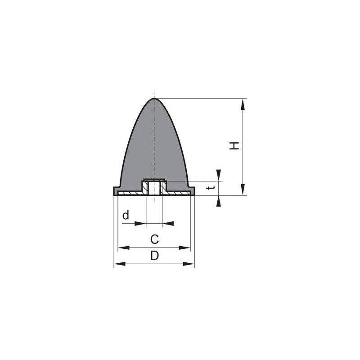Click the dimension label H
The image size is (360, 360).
(234, 146)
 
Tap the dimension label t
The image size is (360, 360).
(211, 188)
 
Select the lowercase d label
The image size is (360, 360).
(126, 216)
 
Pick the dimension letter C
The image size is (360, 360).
(154, 239)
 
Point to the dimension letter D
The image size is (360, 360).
(154, 256)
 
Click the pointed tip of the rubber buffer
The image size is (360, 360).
(154, 98)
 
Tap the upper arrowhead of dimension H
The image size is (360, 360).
(243, 104)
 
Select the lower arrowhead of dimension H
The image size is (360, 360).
(243, 189)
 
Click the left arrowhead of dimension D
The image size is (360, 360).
(120, 264)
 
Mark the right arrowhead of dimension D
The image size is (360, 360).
(189, 264)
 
